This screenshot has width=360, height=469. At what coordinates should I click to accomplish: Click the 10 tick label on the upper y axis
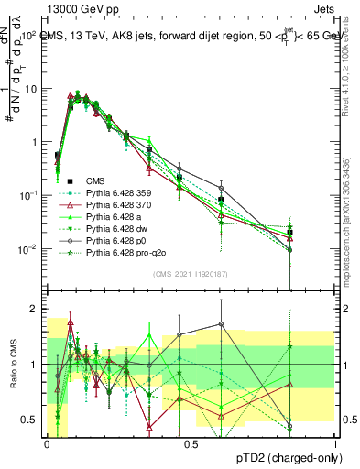coord(31,89)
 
